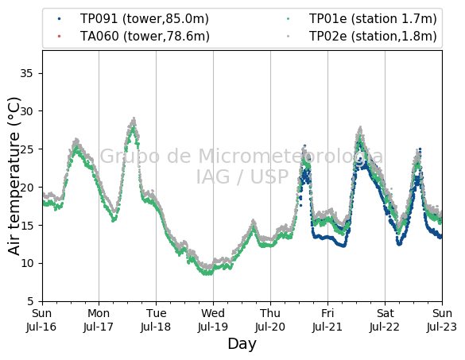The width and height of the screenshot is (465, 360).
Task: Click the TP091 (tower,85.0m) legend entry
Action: tap(134, 19)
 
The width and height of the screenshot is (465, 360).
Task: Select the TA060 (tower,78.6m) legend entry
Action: tap(134, 37)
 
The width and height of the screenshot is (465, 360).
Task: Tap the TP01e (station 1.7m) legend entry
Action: tap(362, 19)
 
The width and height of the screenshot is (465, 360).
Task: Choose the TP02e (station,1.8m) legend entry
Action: tap(362, 37)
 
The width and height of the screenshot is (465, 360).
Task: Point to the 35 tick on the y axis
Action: tap(26, 73)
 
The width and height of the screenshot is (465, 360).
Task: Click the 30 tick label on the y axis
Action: tap(27, 111)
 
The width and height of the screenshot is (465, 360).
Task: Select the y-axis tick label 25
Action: tap(27, 149)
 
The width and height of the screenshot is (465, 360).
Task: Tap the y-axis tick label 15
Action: tap(27, 225)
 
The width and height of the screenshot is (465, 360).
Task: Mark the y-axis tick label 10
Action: tap(27, 263)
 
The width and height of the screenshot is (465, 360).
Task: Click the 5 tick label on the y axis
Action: tap(30, 301)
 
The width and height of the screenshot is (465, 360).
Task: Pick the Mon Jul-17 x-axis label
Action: tap(99, 320)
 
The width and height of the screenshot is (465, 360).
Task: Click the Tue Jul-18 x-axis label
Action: tap(156, 320)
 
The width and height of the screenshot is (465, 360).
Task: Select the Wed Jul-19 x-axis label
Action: tap(213, 320)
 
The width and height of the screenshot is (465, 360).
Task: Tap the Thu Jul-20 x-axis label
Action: tap(270, 320)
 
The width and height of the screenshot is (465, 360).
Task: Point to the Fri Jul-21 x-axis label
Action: tap(327, 320)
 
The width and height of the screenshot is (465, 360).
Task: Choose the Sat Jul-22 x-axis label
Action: tap(385, 320)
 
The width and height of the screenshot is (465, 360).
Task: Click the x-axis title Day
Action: tap(242, 344)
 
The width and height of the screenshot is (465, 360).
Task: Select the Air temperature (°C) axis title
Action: tap(14, 176)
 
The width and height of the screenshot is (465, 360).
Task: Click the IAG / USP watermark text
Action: tap(242, 176)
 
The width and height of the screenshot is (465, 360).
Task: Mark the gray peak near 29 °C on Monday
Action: tap(134, 118)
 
